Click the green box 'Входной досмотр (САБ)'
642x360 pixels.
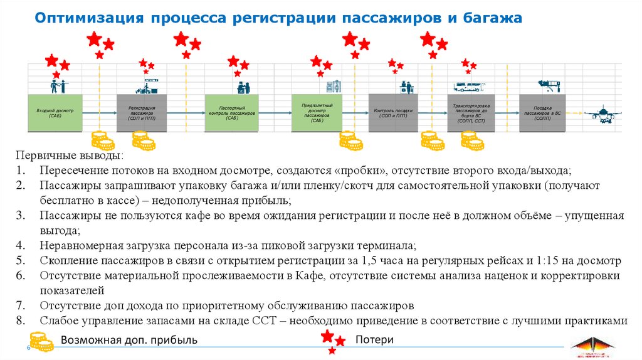[x=55, y=114]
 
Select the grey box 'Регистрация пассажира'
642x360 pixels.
[x=142, y=114]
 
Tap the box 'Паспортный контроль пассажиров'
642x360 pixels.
[x=232, y=114]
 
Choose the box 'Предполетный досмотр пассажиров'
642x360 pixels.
[x=317, y=112]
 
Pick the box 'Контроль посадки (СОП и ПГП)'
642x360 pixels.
[x=393, y=113]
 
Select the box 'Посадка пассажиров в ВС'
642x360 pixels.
[x=543, y=113]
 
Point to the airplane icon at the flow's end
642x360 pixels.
[x=601, y=114]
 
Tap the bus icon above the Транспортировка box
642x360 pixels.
[x=467, y=87]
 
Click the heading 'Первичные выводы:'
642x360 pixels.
[x=69, y=156]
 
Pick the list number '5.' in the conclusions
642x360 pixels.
[x=21, y=260]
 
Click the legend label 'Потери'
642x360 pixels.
[x=374, y=340]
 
